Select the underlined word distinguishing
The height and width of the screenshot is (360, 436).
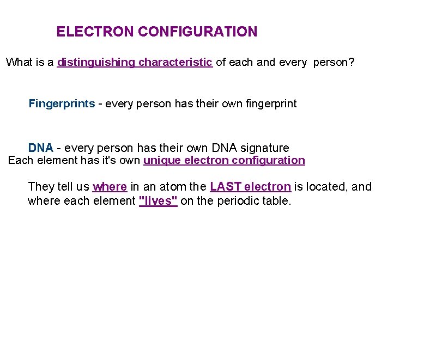96,62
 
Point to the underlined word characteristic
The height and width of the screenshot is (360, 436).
175,62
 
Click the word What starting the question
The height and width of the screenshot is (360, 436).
19,62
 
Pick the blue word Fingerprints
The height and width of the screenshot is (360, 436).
62,103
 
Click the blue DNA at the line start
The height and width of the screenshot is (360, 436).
40,148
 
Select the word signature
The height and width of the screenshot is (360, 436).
264,148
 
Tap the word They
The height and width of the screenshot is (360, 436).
41,187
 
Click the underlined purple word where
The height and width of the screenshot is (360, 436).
110,187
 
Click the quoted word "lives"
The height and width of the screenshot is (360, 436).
158,201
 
